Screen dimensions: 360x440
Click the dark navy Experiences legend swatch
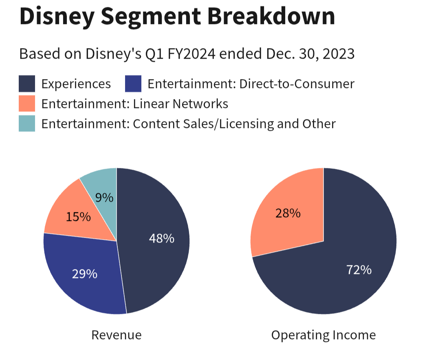[x=27, y=84]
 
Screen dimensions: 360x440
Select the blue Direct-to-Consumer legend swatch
[x=133, y=84]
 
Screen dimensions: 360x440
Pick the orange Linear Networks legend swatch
[x=27, y=104]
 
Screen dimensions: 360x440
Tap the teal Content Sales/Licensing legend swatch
[x=27, y=124]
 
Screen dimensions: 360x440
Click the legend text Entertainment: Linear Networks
[x=134, y=104]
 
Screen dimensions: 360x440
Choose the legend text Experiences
[x=76, y=84]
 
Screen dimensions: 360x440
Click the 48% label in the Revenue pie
[x=161, y=238]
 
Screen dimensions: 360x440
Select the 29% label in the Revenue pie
[x=85, y=274]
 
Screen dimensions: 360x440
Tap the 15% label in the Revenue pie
[x=78, y=217]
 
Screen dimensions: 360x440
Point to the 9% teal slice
[x=104, y=198]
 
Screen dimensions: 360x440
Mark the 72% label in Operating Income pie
[x=359, y=270]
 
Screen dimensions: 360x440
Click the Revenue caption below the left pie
[x=117, y=335]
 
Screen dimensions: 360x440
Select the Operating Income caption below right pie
[x=323, y=335]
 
